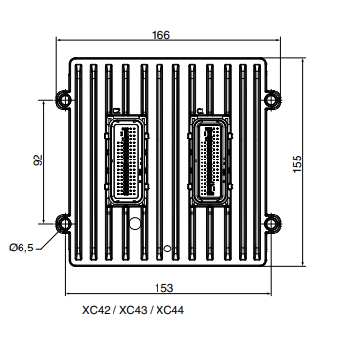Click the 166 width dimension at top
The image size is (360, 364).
(x=160, y=35)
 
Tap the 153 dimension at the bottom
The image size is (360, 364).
(x=163, y=287)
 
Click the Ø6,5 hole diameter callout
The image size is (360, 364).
(x=21, y=248)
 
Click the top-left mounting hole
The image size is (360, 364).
(x=64, y=99)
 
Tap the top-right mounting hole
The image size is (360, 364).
(x=274, y=99)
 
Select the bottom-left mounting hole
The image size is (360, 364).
(x=64, y=221)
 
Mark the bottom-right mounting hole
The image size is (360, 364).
(x=274, y=221)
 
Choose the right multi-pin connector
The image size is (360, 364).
(x=210, y=161)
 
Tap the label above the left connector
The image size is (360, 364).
(x=116, y=110)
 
